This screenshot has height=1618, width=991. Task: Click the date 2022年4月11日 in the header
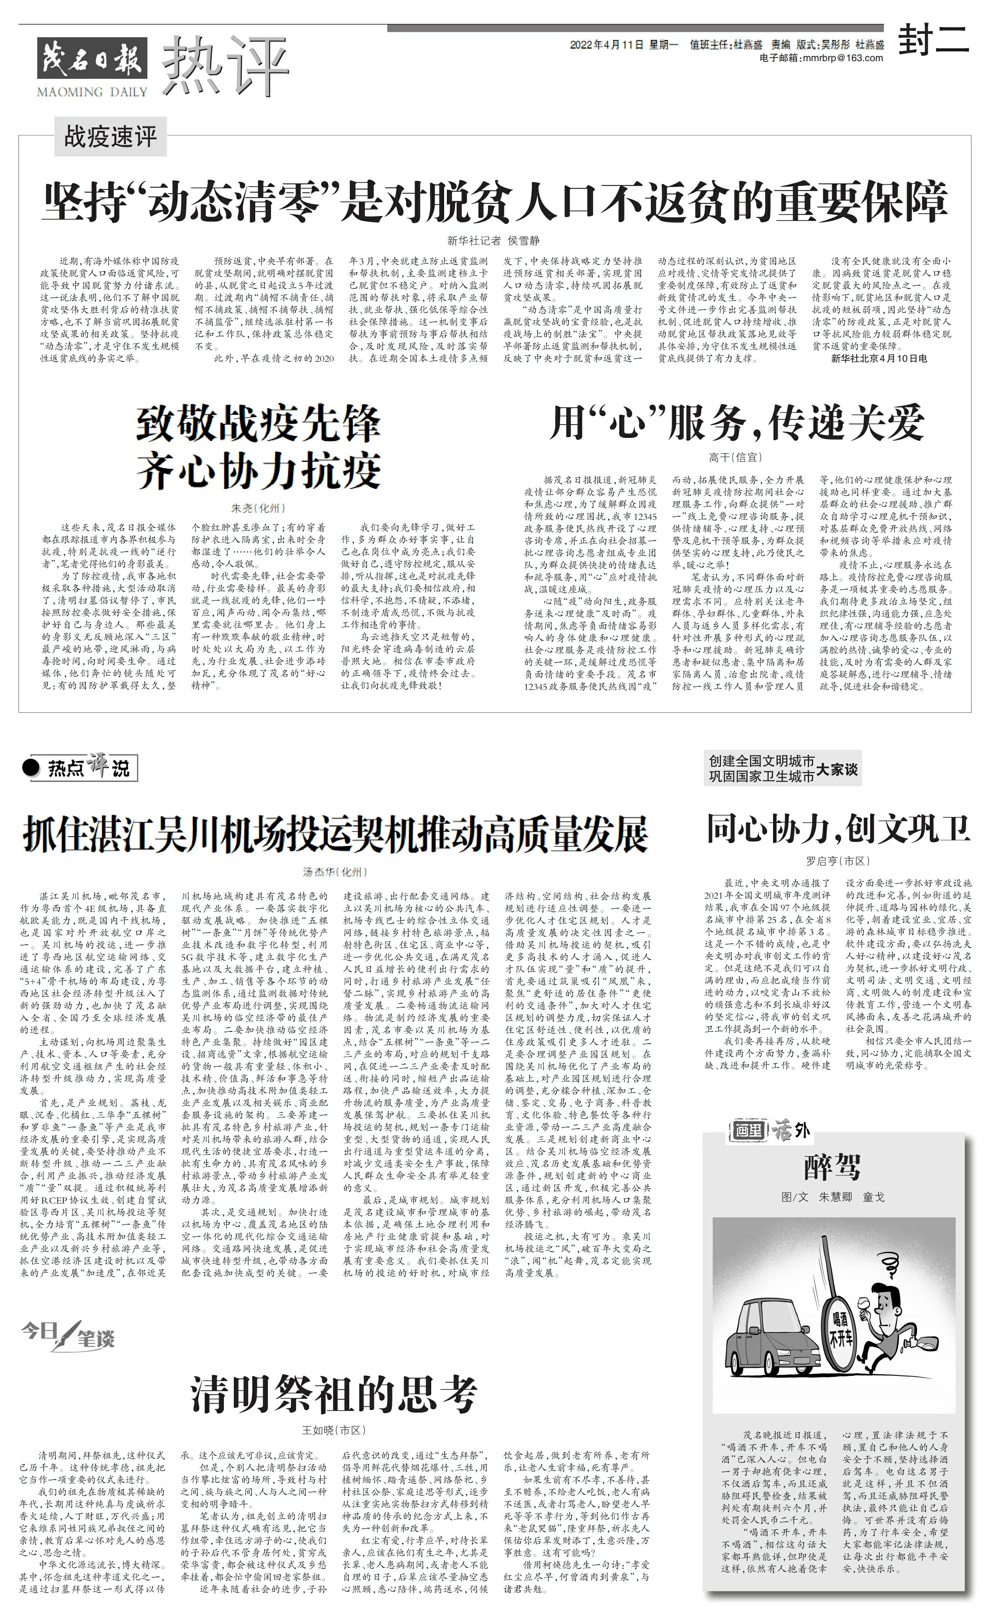(x=606, y=45)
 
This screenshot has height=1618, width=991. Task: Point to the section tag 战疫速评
(x=110, y=136)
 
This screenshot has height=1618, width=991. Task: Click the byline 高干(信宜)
(x=735, y=457)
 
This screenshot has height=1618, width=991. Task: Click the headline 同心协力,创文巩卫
(x=838, y=828)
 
